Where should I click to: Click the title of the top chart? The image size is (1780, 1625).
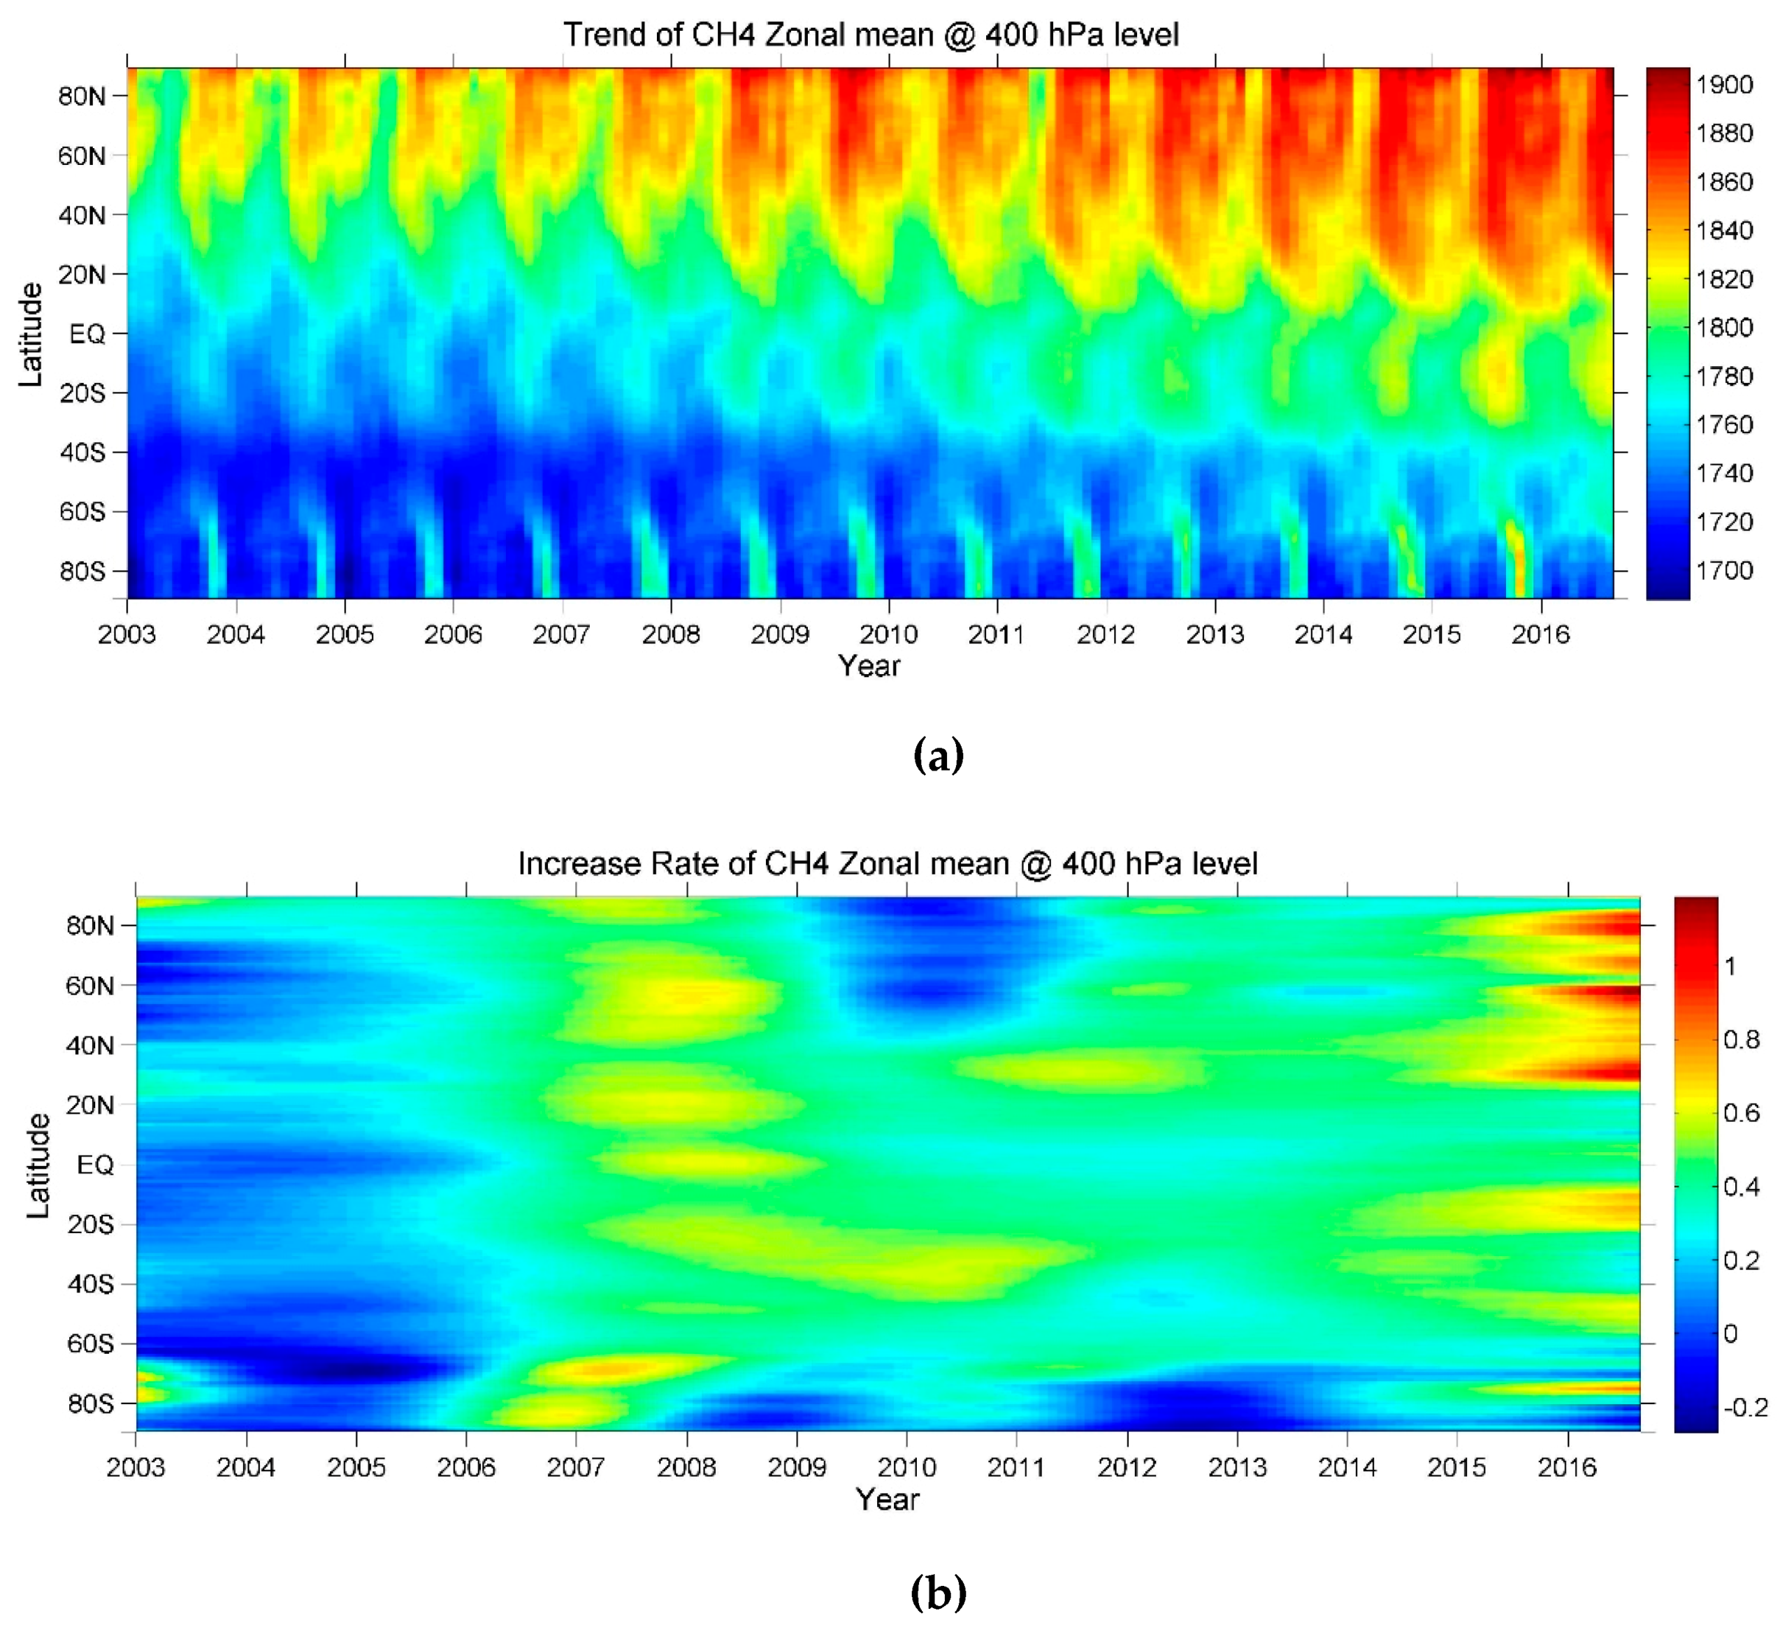pyautogui.click(x=871, y=34)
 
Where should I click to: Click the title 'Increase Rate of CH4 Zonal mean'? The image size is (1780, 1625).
pyautogui.click(x=888, y=863)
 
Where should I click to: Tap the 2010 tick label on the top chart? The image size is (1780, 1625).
pyautogui.click(x=888, y=634)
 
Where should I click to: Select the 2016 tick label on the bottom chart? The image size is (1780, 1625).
pyautogui.click(x=1568, y=1466)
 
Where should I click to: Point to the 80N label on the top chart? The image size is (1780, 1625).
pyautogui.click(x=81, y=96)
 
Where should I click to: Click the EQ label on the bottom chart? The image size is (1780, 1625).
pyautogui.click(x=95, y=1164)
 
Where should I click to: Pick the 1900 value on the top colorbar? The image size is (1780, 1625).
pyautogui.click(x=1724, y=85)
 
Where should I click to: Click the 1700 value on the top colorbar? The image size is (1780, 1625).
pyautogui.click(x=1724, y=570)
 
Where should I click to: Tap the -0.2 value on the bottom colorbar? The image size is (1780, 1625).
pyautogui.click(x=1744, y=1407)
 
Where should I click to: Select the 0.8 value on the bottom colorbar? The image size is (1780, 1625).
pyautogui.click(x=1741, y=1040)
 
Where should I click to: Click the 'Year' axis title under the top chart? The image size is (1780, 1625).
pyautogui.click(x=869, y=666)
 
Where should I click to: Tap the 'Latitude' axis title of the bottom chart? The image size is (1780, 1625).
pyautogui.click(x=38, y=1166)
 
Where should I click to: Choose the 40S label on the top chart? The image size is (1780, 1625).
pyautogui.click(x=82, y=452)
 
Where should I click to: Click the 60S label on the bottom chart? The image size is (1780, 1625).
pyautogui.click(x=90, y=1343)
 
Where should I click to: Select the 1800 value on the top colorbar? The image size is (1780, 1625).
pyautogui.click(x=1724, y=328)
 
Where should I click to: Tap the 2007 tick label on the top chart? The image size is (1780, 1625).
pyautogui.click(x=562, y=634)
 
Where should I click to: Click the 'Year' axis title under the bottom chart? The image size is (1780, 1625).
pyautogui.click(x=888, y=1499)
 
